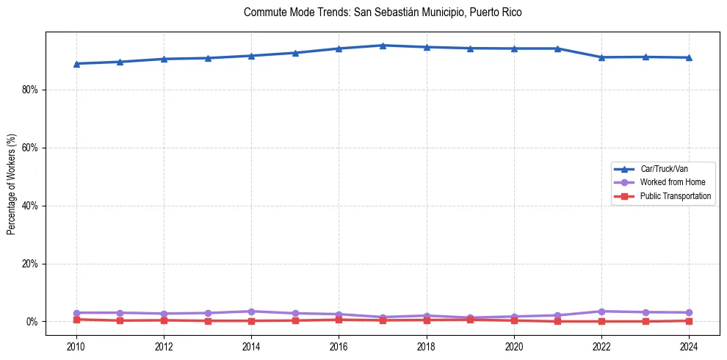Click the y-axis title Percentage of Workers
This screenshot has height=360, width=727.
(12, 184)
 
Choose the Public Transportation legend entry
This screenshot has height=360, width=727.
(675, 196)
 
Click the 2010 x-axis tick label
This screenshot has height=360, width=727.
(76, 346)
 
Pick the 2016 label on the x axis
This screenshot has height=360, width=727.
(339, 346)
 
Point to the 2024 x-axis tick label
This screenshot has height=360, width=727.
(689, 346)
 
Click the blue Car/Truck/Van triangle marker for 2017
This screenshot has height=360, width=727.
(383, 46)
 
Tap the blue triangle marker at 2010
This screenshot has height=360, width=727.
(76, 64)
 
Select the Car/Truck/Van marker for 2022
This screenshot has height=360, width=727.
(601, 57)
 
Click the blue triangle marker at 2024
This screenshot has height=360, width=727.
(689, 57)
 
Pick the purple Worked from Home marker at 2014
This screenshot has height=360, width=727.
(251, 312)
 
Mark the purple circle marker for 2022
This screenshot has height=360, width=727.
(601, 312)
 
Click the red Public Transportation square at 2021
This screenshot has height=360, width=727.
(557, 321)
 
